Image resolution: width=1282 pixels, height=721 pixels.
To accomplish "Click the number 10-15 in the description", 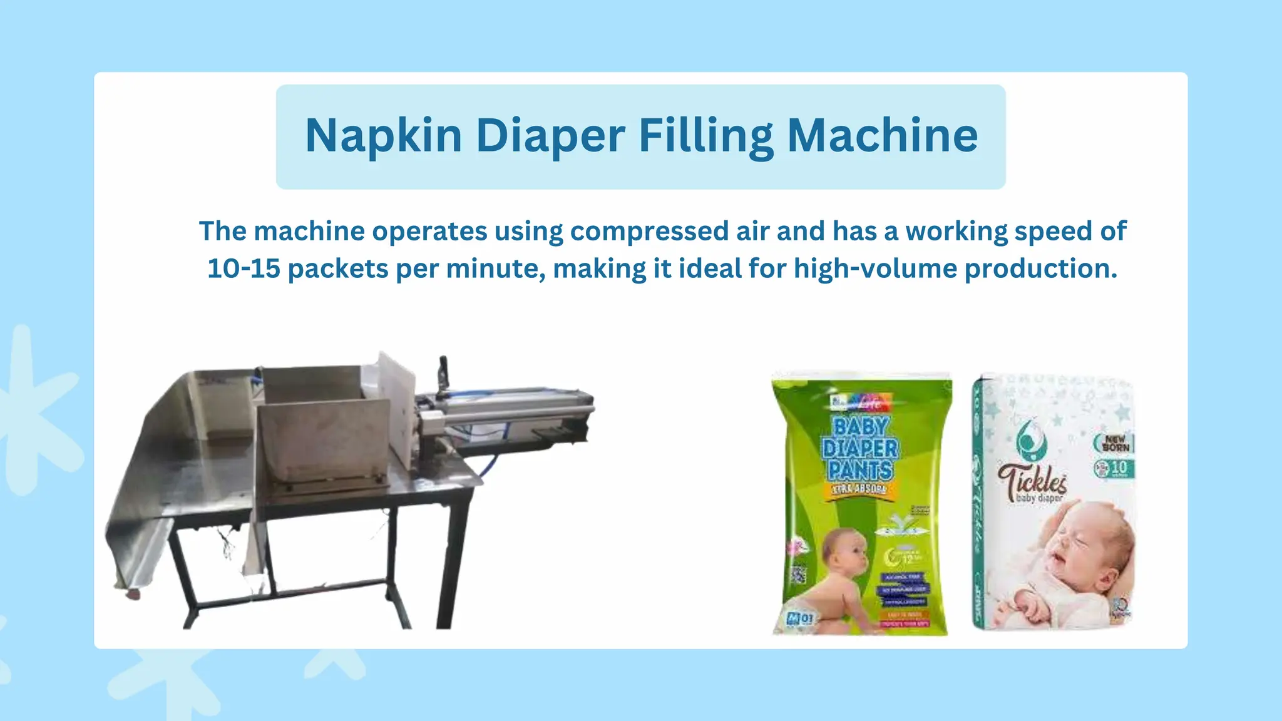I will pos(243,268).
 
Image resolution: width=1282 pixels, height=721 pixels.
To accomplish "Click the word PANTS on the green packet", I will pos(860,469).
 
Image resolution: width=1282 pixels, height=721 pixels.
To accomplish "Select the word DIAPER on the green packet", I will pos(860,448).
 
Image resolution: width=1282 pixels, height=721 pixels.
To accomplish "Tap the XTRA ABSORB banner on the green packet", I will pos(859,489).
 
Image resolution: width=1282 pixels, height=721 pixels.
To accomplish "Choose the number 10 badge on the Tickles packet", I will pos(1114,468).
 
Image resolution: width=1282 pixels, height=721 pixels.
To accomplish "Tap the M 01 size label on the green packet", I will pos(800,619).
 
